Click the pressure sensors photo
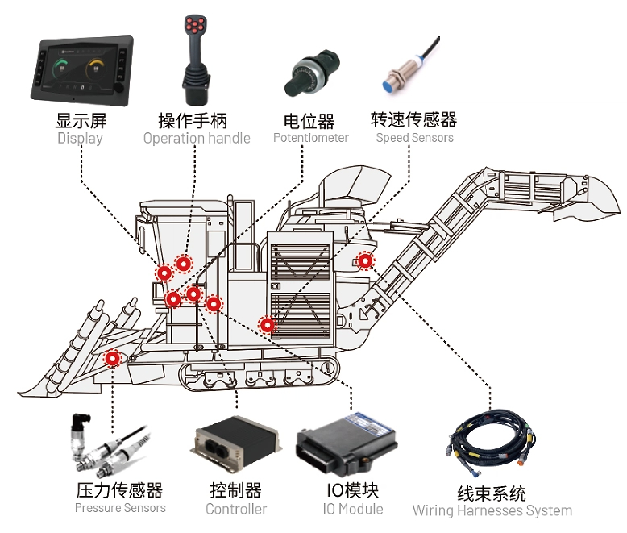click(110, 448)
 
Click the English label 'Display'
click(80, 138)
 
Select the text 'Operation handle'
click(197, 138)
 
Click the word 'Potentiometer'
click(310, 138)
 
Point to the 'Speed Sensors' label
click(414, 138)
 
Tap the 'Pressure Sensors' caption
click(120, 508)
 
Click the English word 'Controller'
click(236, 509)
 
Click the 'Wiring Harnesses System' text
click(492, 510)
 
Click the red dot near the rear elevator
click(365, 260)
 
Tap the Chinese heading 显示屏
click(81, 121)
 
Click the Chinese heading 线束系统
click(492, 493)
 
